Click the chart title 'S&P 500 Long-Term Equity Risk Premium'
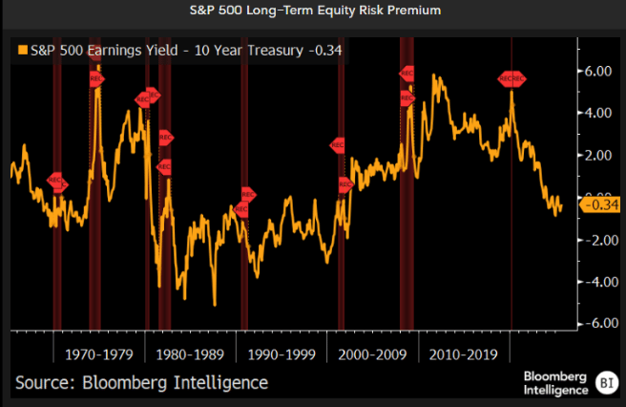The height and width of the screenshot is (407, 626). point(313,12)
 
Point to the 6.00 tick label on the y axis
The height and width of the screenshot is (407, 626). point(597,72)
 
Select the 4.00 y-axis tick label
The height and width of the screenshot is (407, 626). point(597,114)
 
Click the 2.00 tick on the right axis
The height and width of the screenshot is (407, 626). point(597,156)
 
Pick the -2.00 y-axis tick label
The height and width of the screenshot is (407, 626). point(595,240)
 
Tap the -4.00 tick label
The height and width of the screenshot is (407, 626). point(595,282)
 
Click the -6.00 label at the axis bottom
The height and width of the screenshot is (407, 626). point(595,324)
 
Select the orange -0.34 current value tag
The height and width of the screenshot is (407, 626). point(595,203)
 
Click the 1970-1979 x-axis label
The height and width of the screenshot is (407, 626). point(99,353)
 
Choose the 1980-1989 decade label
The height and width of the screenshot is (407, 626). point(191,353)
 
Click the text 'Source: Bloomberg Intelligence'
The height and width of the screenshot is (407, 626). point(141,383)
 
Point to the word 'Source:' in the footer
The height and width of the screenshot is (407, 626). point(45,383)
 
